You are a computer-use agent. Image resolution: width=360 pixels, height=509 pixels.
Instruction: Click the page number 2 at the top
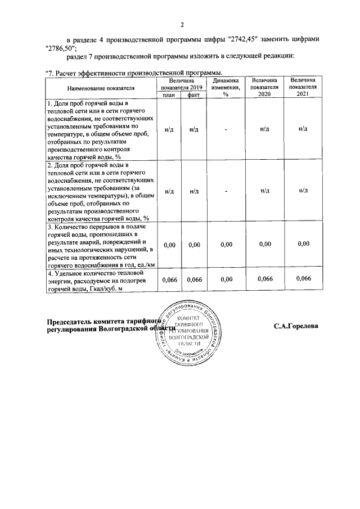click(182, 25)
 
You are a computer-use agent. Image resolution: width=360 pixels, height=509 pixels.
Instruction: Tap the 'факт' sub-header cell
click(194, 95)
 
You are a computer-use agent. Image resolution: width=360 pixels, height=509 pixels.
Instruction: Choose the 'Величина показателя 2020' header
click(264, 88)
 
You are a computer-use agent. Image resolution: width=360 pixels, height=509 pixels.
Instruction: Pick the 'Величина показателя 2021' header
click(303, 88)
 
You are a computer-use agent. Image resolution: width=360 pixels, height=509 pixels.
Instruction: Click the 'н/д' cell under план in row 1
click(169, 129)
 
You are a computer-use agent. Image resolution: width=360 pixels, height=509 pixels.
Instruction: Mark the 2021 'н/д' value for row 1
click(303, 129)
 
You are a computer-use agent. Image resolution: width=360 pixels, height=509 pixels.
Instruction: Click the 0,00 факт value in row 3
click(194, 245)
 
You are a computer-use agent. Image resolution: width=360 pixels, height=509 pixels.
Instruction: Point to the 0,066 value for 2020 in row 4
click(264, 279)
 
